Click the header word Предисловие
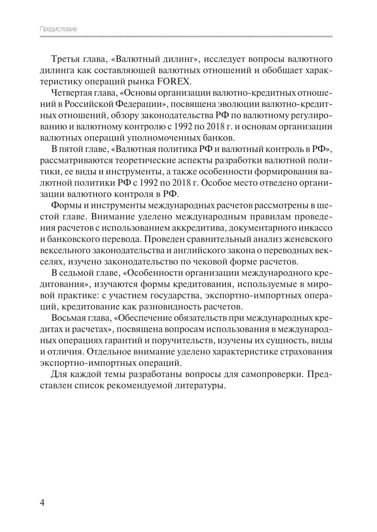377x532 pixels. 58,29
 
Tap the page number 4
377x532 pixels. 42,502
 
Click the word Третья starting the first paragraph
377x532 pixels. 65,59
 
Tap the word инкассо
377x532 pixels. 315,228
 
